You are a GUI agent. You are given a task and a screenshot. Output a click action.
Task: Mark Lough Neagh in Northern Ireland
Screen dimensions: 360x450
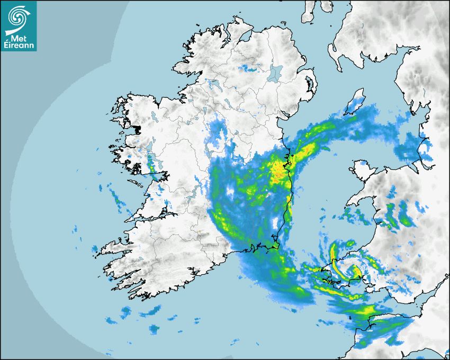(x=275, y=73)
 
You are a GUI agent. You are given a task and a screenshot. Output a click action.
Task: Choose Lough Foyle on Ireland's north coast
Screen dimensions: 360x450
(x=245, y=37)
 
